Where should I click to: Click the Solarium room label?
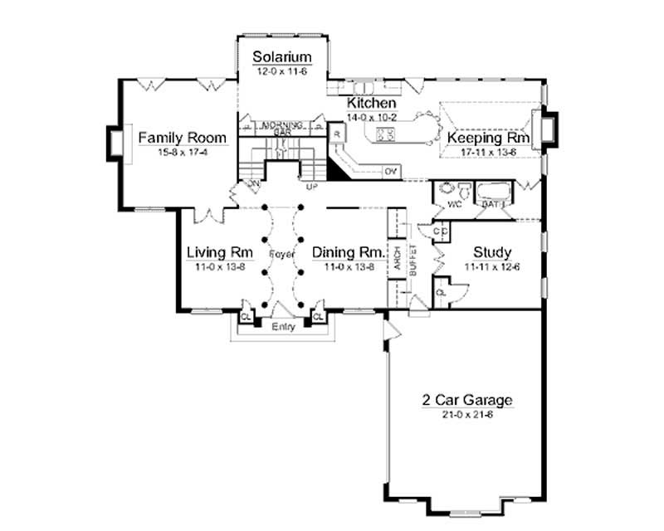coord(282,57)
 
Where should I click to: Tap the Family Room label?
coord(172,137)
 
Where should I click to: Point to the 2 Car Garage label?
coord(466,400)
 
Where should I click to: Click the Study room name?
coord(491,252)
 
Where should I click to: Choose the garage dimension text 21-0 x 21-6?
coord(466,414)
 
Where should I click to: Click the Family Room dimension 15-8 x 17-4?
coord(172,152)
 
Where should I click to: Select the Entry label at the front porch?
coord(283,327)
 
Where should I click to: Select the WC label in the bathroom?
coord(455,202)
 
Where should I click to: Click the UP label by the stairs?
coord(312,187)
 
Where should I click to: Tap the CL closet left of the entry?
coord(246,316)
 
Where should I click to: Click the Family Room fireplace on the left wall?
coord(115,143)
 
